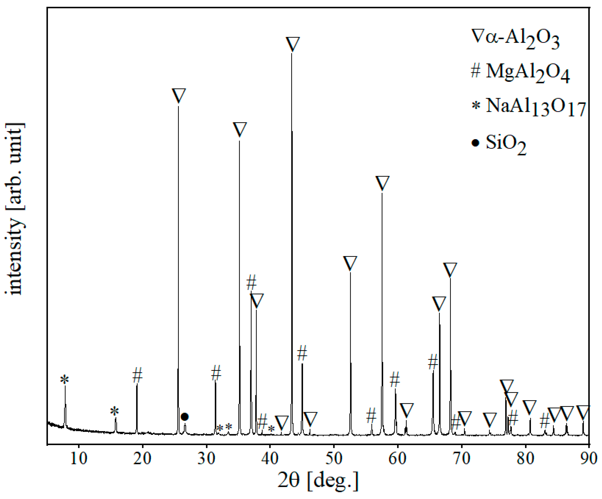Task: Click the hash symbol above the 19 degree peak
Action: click(137, 375)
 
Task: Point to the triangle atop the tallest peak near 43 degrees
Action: click(293, 44)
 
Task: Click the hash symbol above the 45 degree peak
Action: click(302, 353)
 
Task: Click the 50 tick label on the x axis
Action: click(334, 459)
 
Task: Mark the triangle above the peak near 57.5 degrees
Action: click(382, 183)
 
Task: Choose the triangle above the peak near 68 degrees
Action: click(450, 270)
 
